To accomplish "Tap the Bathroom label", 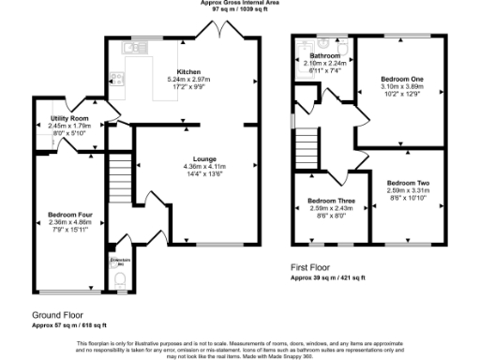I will click(x=325, y=56).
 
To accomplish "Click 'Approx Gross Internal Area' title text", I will click(x=239, y=3).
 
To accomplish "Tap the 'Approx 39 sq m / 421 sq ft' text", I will click(x=337, y=278).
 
